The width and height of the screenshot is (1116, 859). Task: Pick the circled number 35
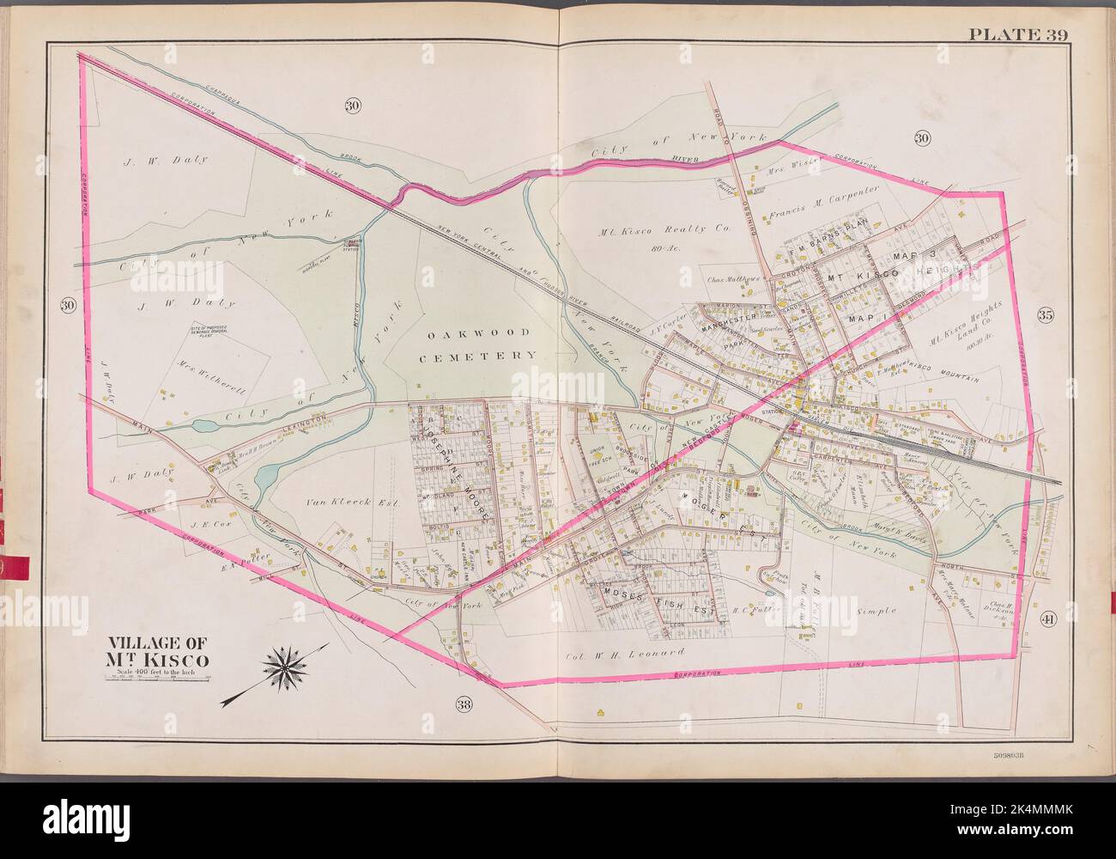[1045, 314]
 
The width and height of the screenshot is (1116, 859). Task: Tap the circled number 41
[1046, 621]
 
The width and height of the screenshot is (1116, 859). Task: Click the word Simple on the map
[876, 611]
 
